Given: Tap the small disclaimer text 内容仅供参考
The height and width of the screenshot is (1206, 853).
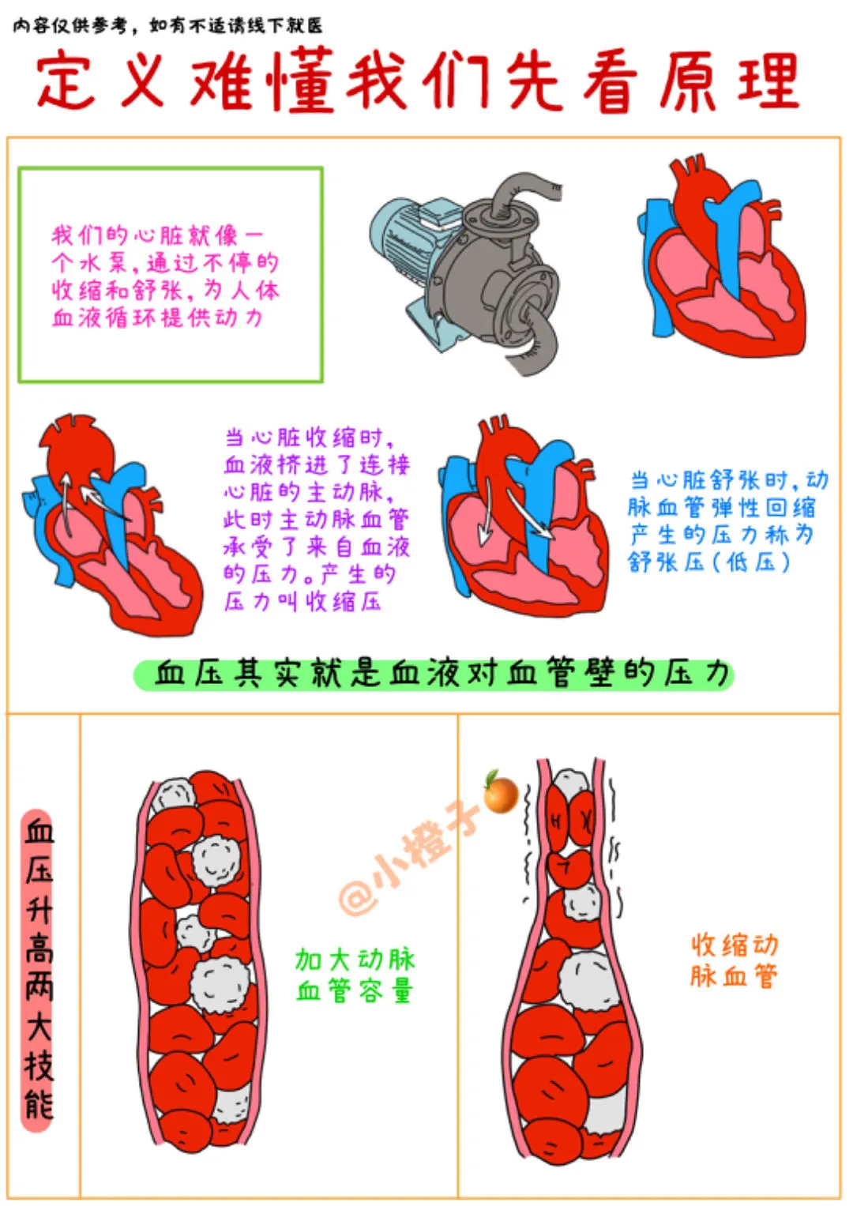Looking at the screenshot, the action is coord(167,25).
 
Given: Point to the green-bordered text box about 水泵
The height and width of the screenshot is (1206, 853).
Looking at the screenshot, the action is coord(171,275).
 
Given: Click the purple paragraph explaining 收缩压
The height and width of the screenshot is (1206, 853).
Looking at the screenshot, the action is coord(316,520).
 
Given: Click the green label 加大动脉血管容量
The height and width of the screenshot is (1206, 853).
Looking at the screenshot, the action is coord(355,975).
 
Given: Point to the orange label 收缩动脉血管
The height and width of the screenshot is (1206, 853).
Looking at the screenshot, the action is coord(734,960).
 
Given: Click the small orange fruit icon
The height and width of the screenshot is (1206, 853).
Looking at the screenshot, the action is coord(501,793).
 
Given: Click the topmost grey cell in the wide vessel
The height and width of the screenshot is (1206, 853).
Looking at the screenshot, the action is coord(174,794).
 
